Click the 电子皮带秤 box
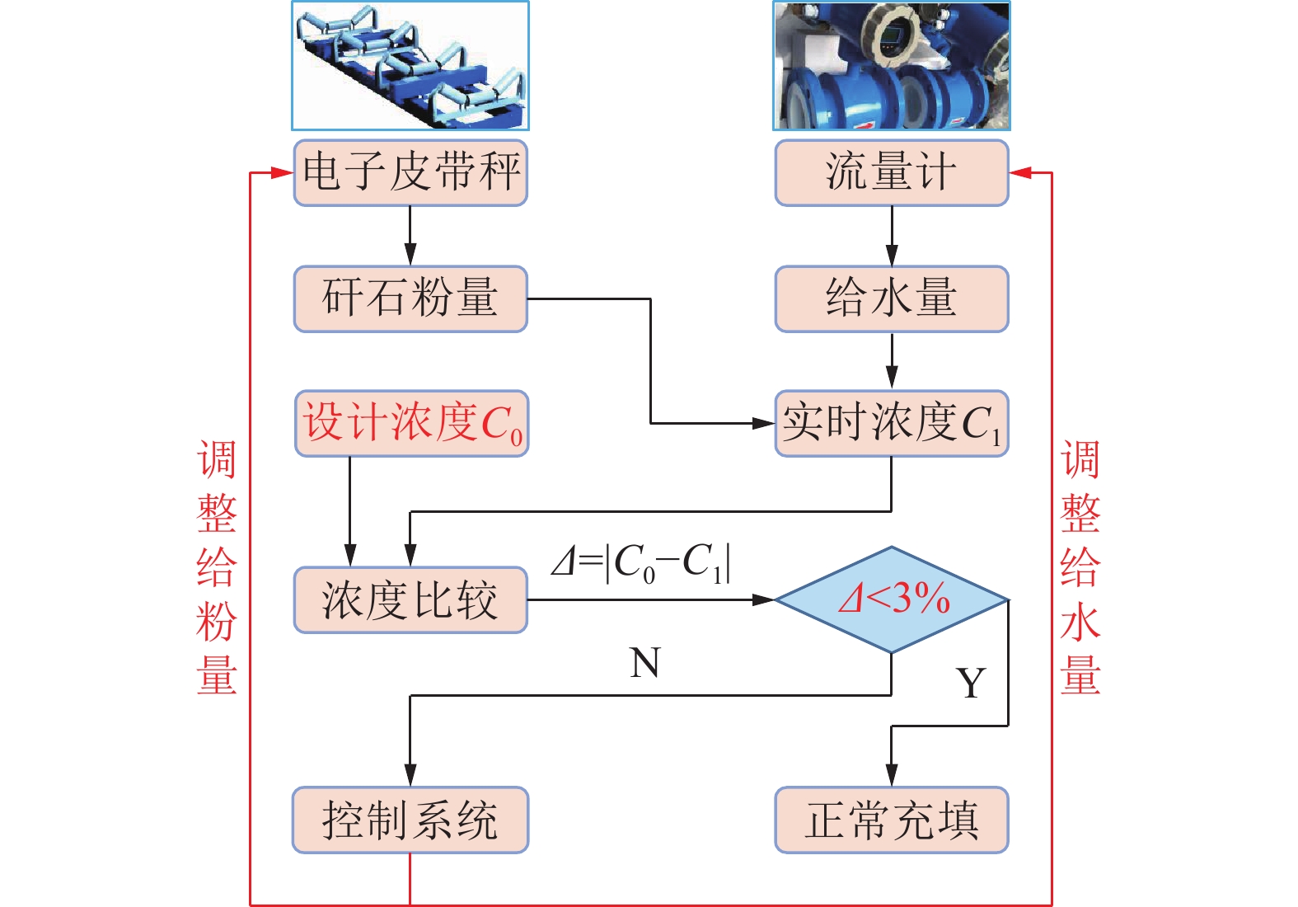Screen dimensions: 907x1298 click(x=410, y=172)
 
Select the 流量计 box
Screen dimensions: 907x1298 click(x=891, y=172)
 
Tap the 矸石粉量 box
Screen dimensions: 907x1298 click(x=410, y=298)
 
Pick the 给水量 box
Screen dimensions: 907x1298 click(x=891, y=298)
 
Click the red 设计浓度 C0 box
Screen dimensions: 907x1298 click(x=411, y=423)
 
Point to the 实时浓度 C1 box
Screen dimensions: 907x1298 click(x=891, y=423)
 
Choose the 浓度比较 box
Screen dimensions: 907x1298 click(x=410, y=599)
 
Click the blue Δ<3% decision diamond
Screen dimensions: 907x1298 click(x=892, y=599)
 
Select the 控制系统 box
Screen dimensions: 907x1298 click(x=410, y=820)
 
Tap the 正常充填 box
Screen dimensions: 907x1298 click(x=891, y=820)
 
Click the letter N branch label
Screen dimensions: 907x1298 click(x=644, y=663)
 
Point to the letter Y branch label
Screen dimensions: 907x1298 click(x=971, y=683)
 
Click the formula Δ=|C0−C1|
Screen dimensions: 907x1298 click(x=641, y=563)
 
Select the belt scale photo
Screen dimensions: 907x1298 click(x=410, y=65)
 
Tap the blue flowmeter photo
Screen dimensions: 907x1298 click(x=891, y=65)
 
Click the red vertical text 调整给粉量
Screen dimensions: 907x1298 click(x=217, y=567)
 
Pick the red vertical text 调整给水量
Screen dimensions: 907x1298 click(x=1080, y=567)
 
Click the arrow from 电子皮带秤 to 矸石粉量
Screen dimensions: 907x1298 click(x=410, y=236)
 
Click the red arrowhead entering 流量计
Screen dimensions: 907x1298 click(x=1020, y=172)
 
